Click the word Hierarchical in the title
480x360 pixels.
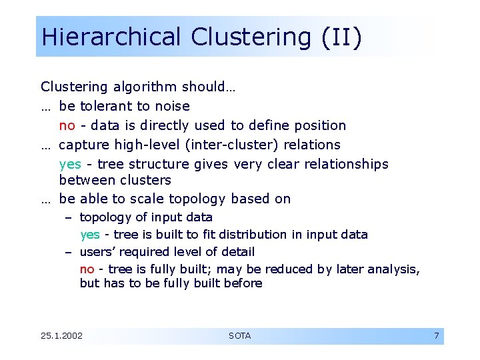[x=111, y=37]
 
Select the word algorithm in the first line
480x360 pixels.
[x=145, y=87]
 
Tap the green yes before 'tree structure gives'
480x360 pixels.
[x=70, y=164]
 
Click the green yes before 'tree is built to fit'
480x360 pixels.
[x=90, y=235]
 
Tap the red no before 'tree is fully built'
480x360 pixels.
[x=87, y=269]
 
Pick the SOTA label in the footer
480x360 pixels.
[x=239, y=336]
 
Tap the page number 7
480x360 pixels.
[x=436, y=336]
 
